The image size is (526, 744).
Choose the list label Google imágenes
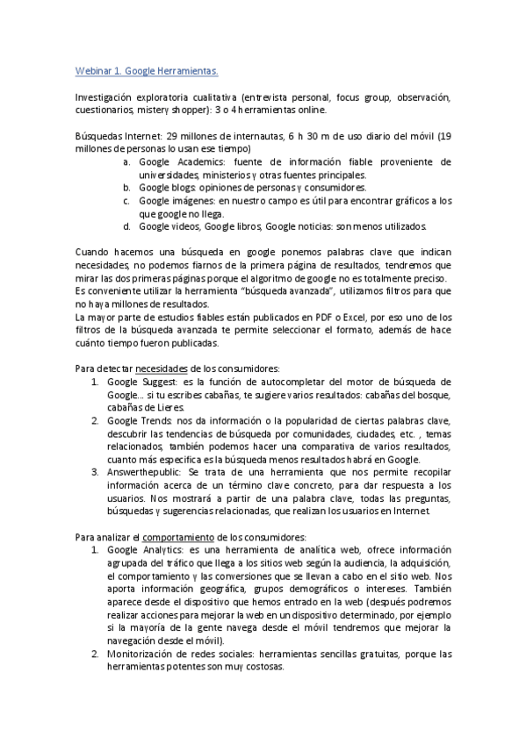(x=176, y=200)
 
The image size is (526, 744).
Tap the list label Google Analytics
(x=144, y=548)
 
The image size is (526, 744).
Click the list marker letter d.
(x=126, y=226)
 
